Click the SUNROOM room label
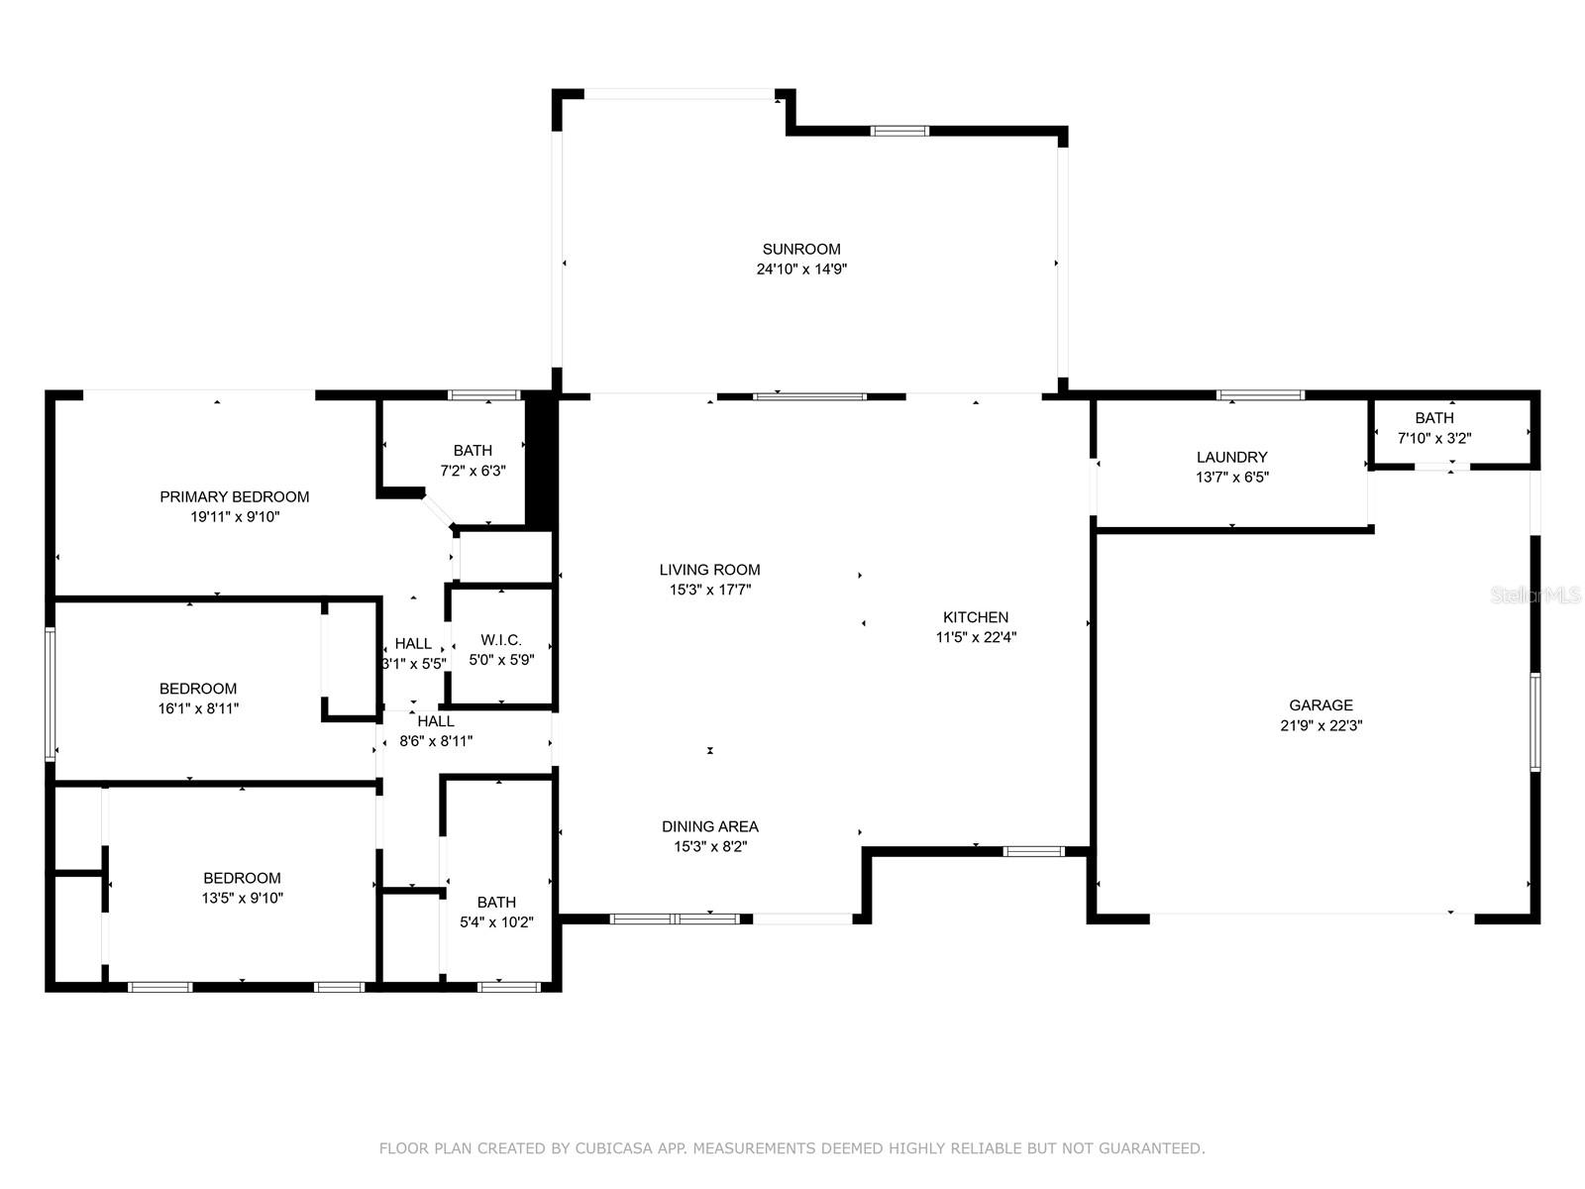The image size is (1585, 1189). coord(800,249)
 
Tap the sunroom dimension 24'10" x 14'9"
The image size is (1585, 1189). coord(800,270)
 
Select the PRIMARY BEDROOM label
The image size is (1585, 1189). coord(234,496)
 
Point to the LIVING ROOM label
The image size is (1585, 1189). coord(709,570)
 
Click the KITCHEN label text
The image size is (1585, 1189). coord(975,617)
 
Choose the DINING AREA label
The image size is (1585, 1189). coord(710,826)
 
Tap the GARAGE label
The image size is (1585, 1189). coord(1321,705)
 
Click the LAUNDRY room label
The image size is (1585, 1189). coord(1231,457)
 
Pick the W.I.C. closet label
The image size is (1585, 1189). coord(500,640)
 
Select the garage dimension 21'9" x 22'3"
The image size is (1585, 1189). coord(1321,725)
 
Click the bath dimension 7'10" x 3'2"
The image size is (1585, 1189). coord(1434,438)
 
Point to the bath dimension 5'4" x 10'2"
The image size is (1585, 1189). coord(496,921)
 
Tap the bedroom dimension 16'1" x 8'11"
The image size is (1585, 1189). coord(198,708)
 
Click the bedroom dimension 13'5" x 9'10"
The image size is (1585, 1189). coord(242,898)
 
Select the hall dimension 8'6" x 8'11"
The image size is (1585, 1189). coord(436,741)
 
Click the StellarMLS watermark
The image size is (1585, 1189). coord(1535,595)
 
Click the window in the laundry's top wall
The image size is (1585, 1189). coord(1260,395)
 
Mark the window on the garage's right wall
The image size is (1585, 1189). coord(1535,722)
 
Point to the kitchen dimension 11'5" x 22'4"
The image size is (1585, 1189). coord(976,637)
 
